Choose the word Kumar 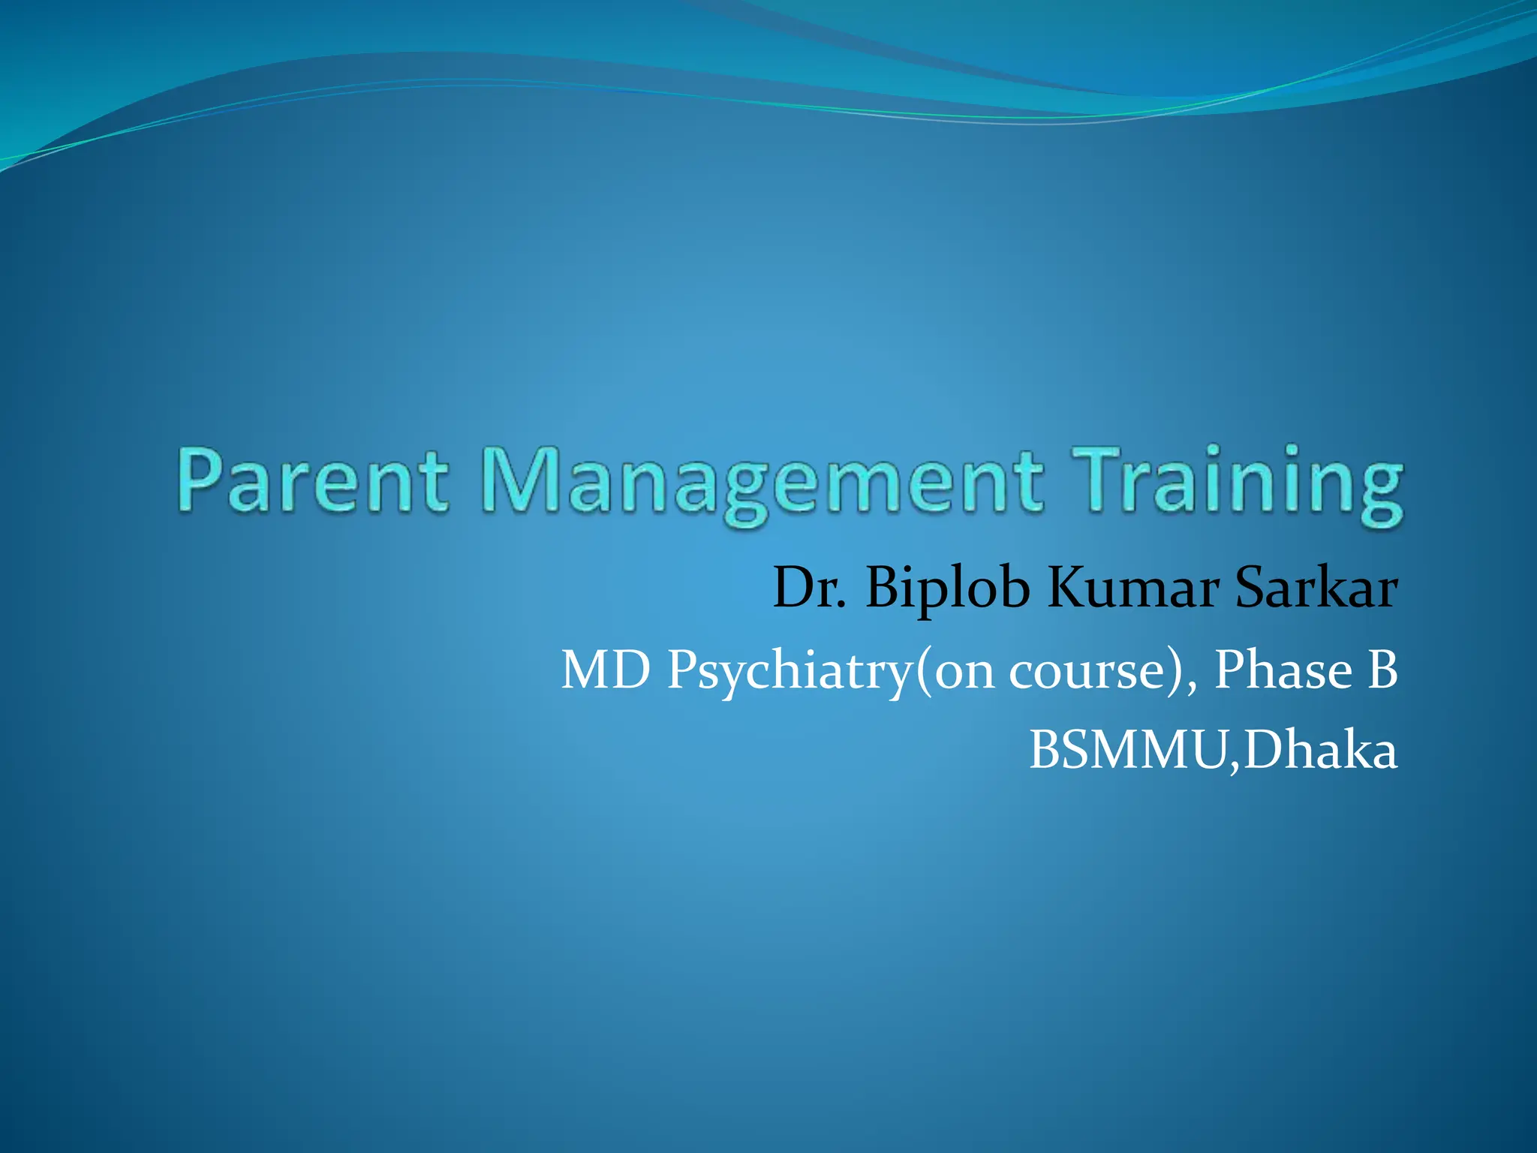pyautogui.click(x=1132, y=588)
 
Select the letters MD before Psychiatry pyautogui.click(x=606, y=670)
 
